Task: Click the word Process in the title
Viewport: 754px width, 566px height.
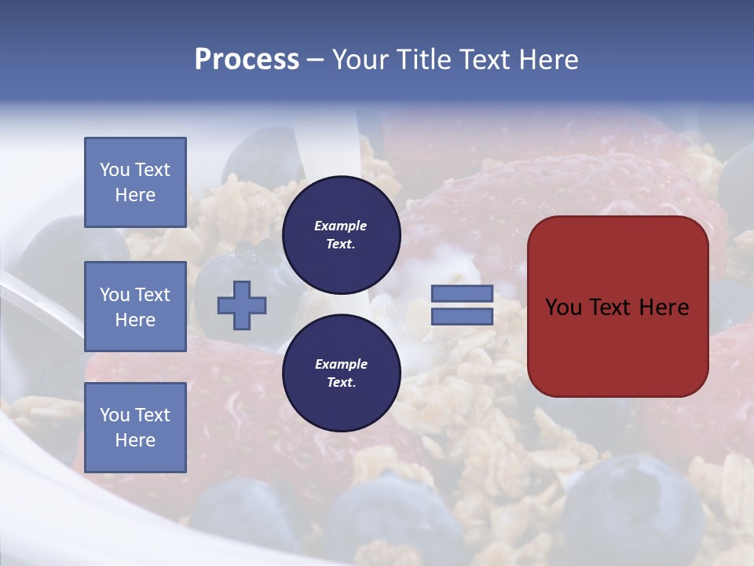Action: [x=247, y=60]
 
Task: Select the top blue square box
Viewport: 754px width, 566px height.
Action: [x=135, y=182]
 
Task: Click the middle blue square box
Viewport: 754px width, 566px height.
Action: [x=135, y=307]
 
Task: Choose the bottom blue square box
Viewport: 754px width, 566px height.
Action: [x=135, y=427]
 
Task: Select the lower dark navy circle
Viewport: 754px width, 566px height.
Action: [x=341, y=373]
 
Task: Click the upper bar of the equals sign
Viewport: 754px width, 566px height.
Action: [x=462, y=293]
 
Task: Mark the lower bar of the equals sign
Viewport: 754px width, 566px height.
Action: [x=462, y=317]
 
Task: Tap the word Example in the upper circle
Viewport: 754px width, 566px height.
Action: [x=341, y=226]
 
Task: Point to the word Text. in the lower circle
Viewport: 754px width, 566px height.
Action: [x=341, y=383]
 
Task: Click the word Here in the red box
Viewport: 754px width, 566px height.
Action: [x=664, y=307]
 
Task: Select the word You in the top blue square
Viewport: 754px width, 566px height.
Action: [x=114, y=170]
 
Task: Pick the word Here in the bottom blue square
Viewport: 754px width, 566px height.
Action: [x=135, y=440]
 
